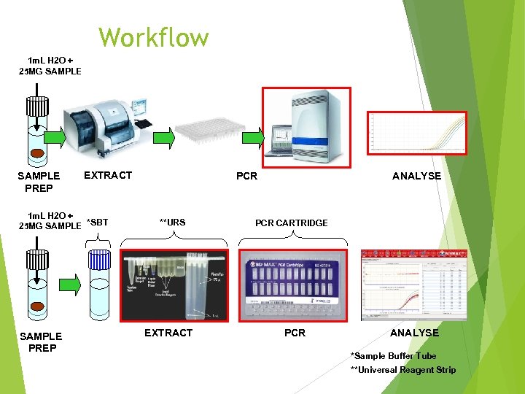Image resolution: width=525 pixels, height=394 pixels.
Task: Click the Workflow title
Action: point(153,36)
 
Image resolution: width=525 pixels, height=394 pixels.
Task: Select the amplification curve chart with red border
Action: point(416,134)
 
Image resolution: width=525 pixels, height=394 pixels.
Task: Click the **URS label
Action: point(172,222)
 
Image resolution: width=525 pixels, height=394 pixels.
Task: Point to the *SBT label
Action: point(97,222)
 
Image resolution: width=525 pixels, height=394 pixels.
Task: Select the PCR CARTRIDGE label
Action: point(291,223)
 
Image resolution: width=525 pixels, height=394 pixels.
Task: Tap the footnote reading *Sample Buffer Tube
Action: point(393,356)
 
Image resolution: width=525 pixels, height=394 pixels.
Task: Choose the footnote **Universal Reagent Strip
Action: point(402,370)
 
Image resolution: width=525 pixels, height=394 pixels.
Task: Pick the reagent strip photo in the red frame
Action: point(174,285)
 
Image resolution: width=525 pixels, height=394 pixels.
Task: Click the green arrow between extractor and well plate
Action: point(167,136)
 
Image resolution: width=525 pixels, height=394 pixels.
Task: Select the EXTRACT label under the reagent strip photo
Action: point(168,333)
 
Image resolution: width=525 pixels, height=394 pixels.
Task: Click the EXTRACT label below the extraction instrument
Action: point(108,175)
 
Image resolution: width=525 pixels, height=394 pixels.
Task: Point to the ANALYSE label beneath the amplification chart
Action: point(416,176)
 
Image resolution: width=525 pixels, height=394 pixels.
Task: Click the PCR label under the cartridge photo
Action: point(295,333)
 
